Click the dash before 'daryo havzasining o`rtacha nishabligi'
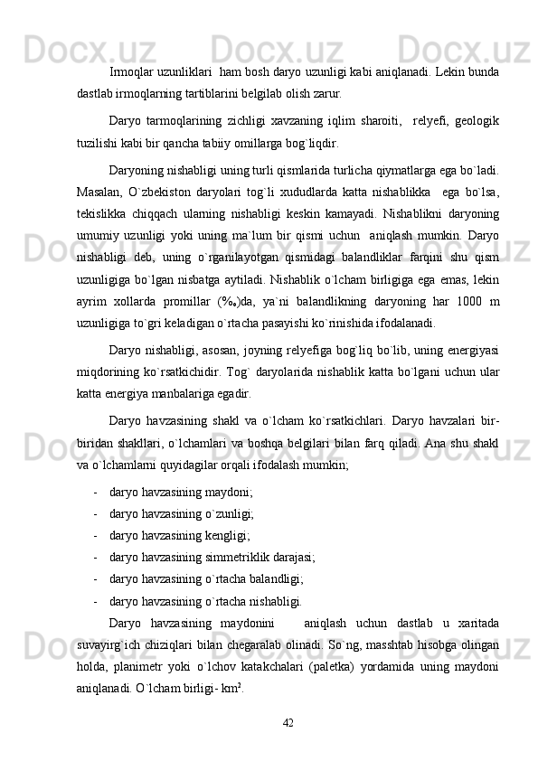click(x=95, y=600)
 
